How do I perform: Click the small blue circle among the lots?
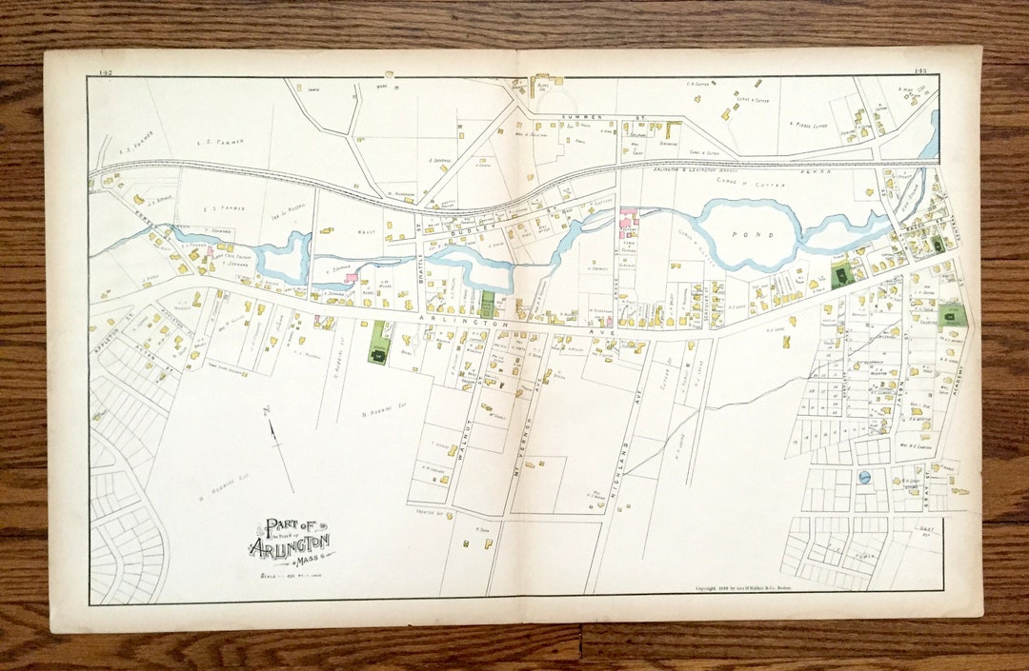864,477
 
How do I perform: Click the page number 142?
105,71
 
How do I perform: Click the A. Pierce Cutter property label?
808,124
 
